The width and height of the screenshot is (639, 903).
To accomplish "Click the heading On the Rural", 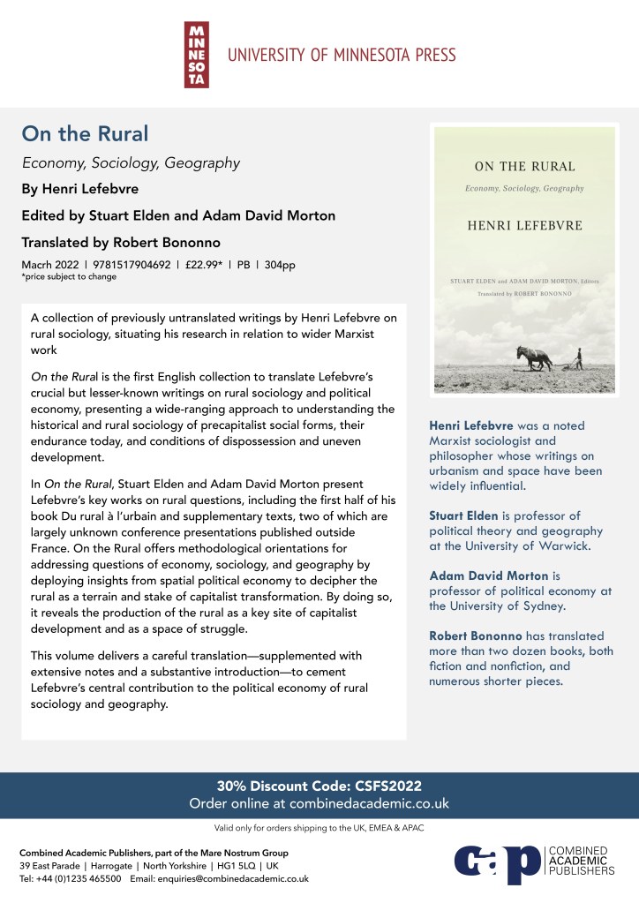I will click(x=85, y=134).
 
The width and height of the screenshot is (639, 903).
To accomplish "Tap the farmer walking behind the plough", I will click(x=579, y=357).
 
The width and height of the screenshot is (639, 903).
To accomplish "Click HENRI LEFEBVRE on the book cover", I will click(x=524, y=225).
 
